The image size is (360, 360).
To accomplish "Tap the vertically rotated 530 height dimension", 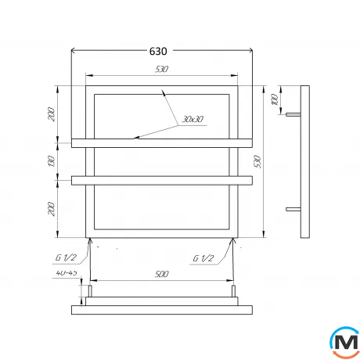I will (269, 161).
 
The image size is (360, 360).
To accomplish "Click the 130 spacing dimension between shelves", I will (52, 163).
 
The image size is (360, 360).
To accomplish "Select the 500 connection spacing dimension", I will (162, 274).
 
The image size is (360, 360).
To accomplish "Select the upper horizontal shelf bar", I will (161, 142).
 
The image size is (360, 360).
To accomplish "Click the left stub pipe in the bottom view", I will (89, 293).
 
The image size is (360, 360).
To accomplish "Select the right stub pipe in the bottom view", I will (234, 293).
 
